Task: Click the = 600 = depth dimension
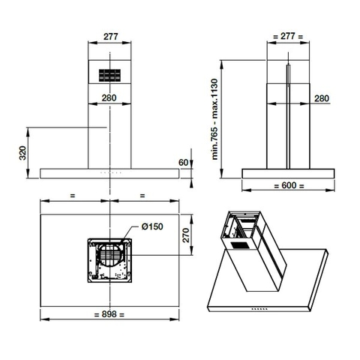(x=288, y=185)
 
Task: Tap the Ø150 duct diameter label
(x=152, y=226)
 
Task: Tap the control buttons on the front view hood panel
(x=110, y=172)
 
